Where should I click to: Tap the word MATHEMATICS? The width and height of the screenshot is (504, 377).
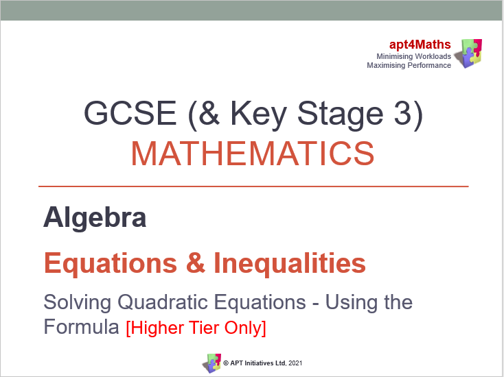tap(253, 154)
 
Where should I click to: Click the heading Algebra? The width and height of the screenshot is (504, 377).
tap(95, 218)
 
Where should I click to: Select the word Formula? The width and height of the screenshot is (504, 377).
tap(81, 327)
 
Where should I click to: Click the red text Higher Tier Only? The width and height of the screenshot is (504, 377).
tap(196, 328)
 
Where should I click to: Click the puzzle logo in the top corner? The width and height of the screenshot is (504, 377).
tap(470, 53)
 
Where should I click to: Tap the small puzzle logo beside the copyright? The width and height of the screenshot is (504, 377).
tap(211, 363)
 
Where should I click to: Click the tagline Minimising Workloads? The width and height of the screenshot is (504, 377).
tap(413, 56)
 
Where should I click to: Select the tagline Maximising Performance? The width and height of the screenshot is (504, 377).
tap(409, 65)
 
